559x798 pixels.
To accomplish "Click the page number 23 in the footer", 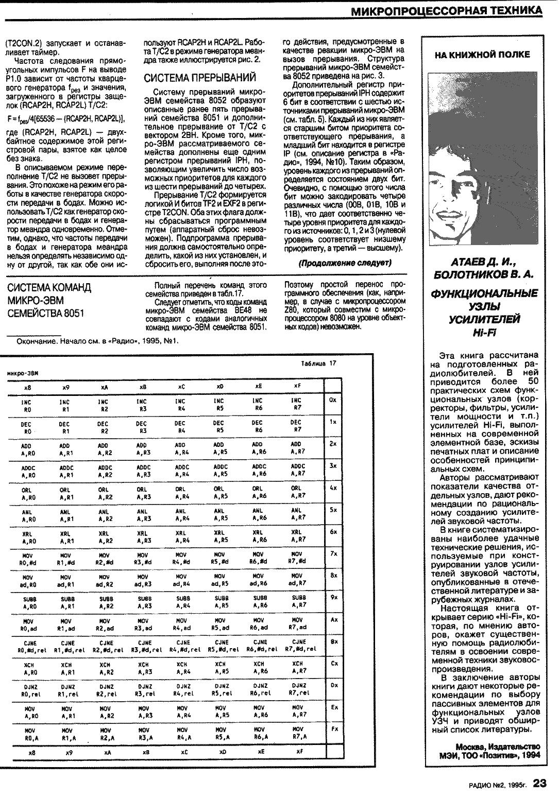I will pyautogui.click(x=539, y=783).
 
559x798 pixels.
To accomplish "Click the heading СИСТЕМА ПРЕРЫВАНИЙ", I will pyautogui.click(x=199, y=78).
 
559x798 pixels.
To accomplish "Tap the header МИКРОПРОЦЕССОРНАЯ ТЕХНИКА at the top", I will pyautogui.click(x=447, y=10).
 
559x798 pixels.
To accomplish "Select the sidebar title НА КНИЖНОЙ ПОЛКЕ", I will pyautogui.click(x=482, y=55).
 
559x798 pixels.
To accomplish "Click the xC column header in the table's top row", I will pyautogui.click(x=181, y=386).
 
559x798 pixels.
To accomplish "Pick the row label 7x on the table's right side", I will pyautogui.click(x=333, y=553).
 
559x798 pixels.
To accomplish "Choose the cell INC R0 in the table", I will pyautogui.click(x=27, y=404).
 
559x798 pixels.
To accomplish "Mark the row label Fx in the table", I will pyautogui.click(x=334, y=729).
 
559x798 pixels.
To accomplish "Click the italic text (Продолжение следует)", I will pyautogui.click(x=345, y=263).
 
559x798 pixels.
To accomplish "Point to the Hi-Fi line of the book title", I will pyautogui.click(x=484, y=333).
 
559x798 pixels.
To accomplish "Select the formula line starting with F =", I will pyautogui.click(x=66, y=119).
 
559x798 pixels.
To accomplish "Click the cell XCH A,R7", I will pyautogui.click(x=298, y=667).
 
